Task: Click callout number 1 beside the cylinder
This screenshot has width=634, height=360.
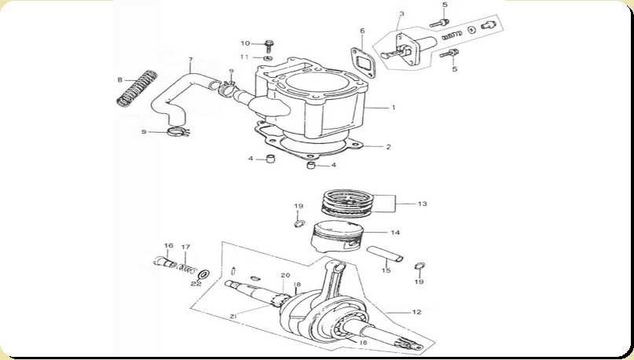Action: (x=394, y=108)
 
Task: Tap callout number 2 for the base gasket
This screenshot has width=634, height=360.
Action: (x=389, y=147)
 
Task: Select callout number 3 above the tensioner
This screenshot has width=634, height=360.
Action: (x=401, y=13)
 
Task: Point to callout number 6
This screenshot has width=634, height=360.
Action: (x=362, y=31)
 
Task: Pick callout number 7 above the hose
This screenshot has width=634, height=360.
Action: (x=190, y=60)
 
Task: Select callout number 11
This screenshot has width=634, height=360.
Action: (x=244, y=57)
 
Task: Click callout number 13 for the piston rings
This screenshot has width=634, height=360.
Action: (x=422, y=204)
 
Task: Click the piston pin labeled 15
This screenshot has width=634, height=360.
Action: (x=385, y=253)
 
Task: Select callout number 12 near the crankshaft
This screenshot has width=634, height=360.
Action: (x=417, y=312)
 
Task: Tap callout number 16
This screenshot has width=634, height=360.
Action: (x=169, y=245)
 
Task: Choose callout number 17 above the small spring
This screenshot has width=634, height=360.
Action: (x=185, y=247)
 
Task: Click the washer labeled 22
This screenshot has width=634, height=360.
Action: (x=203, y=275)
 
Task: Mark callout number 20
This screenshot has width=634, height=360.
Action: (x=285, y=275)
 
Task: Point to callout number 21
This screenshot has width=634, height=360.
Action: (x=233, y=317)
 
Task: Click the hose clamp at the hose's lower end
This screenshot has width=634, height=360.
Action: (x=177, y=131)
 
